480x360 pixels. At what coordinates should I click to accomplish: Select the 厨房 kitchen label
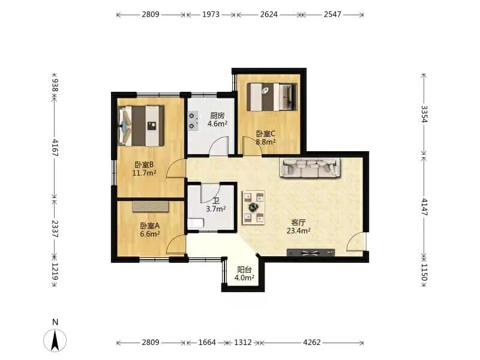coord(217,116)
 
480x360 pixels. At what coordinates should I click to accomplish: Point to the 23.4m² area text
coord(298,231)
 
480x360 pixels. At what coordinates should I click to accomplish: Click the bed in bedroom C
coord(272,97)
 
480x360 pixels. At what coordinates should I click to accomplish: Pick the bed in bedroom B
coord(141,126)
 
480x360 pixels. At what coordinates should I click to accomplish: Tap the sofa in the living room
coord(310,167)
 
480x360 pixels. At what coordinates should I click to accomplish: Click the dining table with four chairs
coord(253,208)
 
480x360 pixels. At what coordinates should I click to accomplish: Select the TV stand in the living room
coord(311,253)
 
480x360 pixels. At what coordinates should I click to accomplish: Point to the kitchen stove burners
coord(192,121)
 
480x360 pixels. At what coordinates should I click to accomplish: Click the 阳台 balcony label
coord(244,269)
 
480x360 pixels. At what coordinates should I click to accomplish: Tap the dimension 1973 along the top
coord(211,14)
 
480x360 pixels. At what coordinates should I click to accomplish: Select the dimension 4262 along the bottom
coord(311,342)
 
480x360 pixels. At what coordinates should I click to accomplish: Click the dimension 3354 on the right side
coord(424,114)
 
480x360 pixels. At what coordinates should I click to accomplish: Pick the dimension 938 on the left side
coord(55,85)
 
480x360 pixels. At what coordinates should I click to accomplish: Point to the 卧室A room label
coord(149,226)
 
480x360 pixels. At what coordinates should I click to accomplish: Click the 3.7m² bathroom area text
coord(216,209)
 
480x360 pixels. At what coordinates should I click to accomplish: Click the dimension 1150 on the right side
coord(424,272)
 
